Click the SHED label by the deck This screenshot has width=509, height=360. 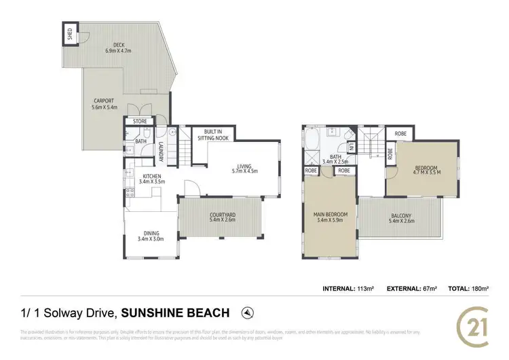70,33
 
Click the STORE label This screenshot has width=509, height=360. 140,122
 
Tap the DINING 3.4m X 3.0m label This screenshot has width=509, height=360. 151,236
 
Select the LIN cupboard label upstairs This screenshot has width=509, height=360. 352,147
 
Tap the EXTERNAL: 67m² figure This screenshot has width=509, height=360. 411,289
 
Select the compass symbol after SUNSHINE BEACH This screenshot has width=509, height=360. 248,312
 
